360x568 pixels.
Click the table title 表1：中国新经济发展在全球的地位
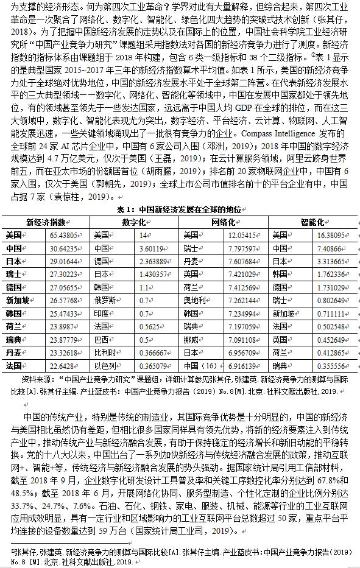click(180, 209)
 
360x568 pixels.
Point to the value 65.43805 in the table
click(63, 235)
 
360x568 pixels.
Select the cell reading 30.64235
click(63, 248)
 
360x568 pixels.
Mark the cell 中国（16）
click(200, 365)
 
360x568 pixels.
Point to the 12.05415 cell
click(241, 235)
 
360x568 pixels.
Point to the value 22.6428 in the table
click(62, 365)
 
